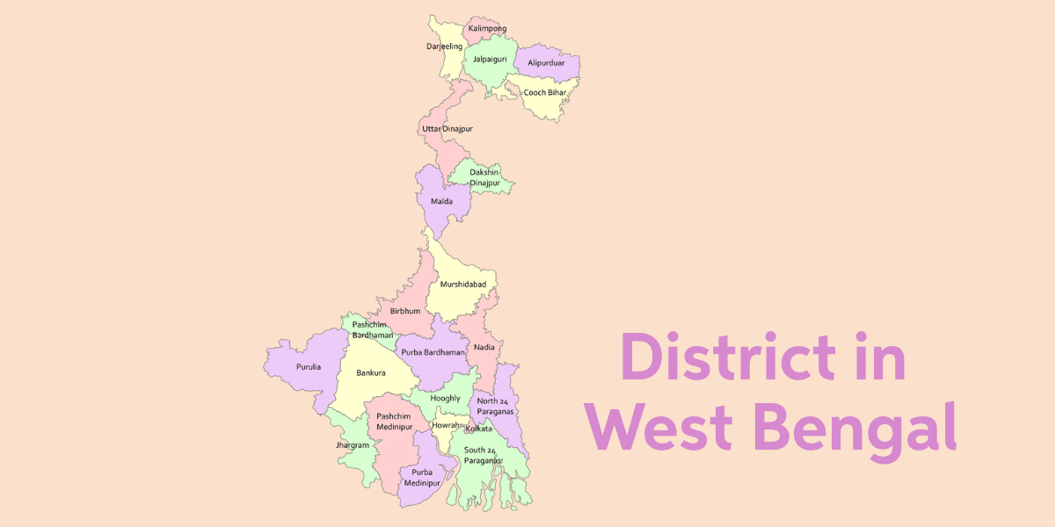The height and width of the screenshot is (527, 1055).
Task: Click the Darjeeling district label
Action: pyautogui.click(x=444, y=46)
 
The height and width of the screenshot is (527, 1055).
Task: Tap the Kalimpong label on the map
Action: pyautogui.click(x=487, y=29)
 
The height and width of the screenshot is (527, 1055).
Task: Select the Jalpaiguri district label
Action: pyautogui.click(x=490, y=59)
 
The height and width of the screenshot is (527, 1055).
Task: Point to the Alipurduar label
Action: pyautogui.click(x=546, y=63)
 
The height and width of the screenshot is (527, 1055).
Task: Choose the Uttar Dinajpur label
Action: pyautogui.click(x=447, y=129)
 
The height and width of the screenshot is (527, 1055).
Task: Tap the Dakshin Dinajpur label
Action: pyautogui.click(x=484, y=177)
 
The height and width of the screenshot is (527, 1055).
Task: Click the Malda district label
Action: pyautogui.click(x=441, y=201)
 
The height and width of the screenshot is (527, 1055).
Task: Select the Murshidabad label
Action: pyautogui.click(x=463, y=284)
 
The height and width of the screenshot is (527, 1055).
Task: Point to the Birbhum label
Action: pyautogui.click(x=405, y=311)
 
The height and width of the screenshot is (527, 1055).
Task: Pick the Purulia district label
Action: pyautogui.click(x=309, y=366)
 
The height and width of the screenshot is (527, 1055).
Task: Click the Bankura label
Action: pyautogui.click(x=371, y=372)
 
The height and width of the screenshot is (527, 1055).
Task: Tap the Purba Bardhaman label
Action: pyautogui.click(x=433, y=351)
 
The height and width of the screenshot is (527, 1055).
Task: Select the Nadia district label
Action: pyautogui.click(x=484, y=347)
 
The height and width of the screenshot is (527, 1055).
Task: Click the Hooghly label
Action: pyautogui.click(x=446, y=398)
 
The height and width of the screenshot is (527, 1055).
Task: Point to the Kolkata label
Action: pyautogui.click(x=478, y=428)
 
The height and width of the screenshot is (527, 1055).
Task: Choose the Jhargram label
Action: pyautogui.click(x=353, y=445)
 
